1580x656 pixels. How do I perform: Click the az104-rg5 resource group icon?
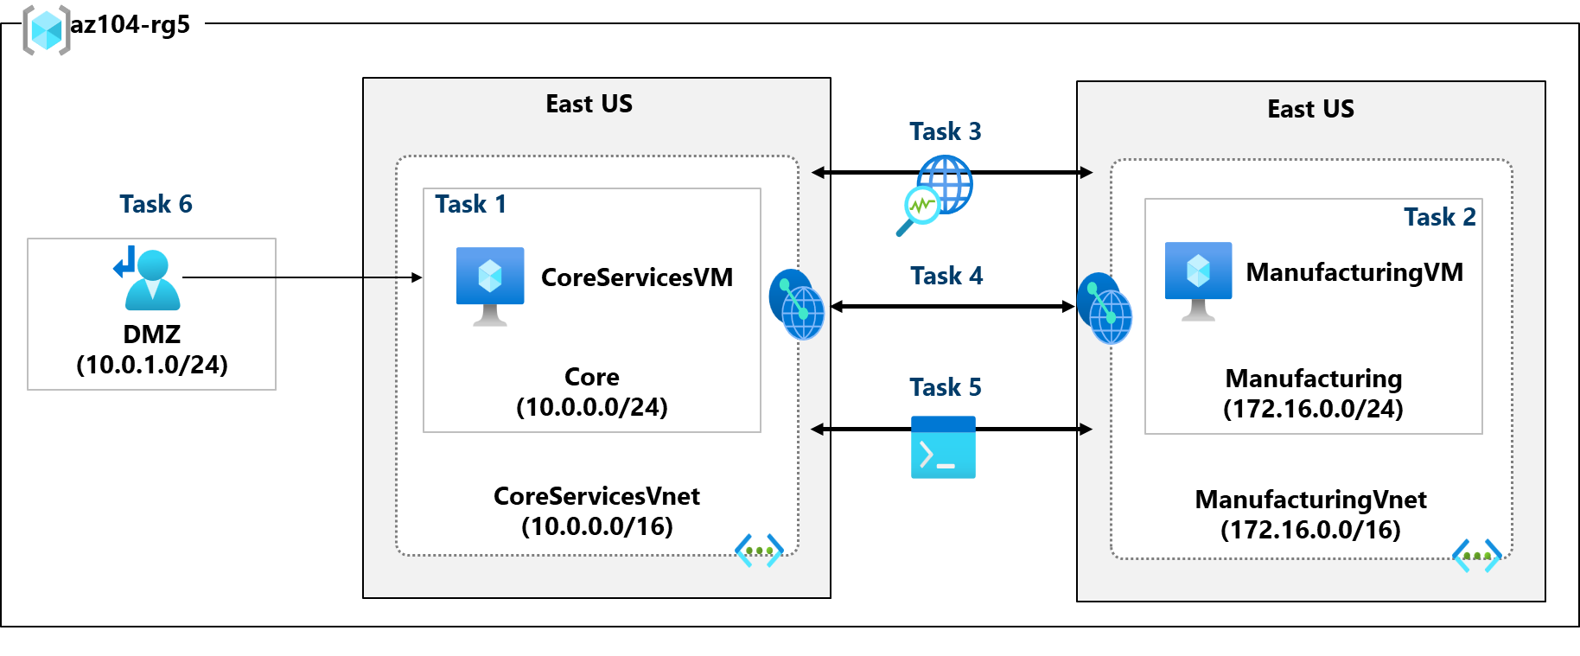[x=46, y=30]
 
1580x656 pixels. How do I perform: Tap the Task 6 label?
[x=156, y=204]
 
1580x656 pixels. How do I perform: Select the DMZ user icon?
[x=149, y=278]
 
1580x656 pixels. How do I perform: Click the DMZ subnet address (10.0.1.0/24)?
[x=152, y=365]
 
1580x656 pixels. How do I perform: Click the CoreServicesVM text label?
[x=636, y=277]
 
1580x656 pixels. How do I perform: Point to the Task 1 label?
[x=470, y=204]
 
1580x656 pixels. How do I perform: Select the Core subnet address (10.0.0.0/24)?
[x=592, y=407]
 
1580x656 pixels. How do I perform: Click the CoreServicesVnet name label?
[x=596, y=496]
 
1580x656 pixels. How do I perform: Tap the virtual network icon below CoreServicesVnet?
[x=759, y=550]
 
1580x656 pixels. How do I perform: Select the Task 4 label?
[x=946, y=276]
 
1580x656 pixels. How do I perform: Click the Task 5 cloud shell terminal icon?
[x=943, y=448]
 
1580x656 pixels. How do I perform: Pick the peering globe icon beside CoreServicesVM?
[x=796, y=304]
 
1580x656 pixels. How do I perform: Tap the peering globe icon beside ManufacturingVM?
[x=1104, y=309]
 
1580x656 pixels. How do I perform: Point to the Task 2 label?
[x=1439, y=217]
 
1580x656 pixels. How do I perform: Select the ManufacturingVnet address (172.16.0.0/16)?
[x=1310, y=530]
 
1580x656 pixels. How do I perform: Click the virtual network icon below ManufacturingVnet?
[x=1476, y=555]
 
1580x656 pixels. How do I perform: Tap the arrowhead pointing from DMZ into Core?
[x=417, y=277]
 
